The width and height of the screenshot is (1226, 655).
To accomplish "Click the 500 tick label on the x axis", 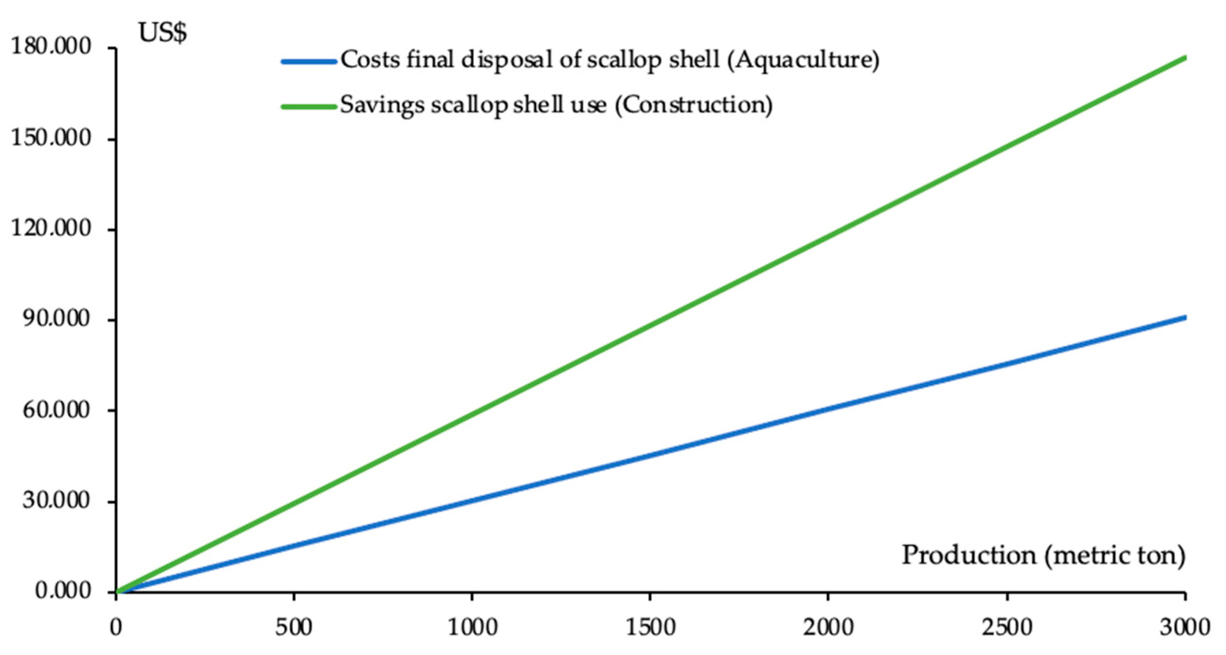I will [x=294, y=628].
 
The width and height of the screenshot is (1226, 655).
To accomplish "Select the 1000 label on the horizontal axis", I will [x=472, y=628].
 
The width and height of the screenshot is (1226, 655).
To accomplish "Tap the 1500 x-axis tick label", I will [x=650, y=628].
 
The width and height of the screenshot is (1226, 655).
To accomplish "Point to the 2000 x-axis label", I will [x=828, y=628].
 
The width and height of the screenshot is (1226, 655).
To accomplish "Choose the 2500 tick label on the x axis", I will [x=1007, y=628].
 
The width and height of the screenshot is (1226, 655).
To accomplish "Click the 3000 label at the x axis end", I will [x=1184, y=628].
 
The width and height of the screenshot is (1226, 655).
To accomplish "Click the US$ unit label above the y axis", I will [x=163, y=33].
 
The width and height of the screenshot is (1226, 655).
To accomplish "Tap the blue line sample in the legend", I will [x=309, y=61].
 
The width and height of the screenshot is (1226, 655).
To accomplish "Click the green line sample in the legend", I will [x=309, y=107].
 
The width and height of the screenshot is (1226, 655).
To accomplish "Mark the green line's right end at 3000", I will [x=1184, y=59].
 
